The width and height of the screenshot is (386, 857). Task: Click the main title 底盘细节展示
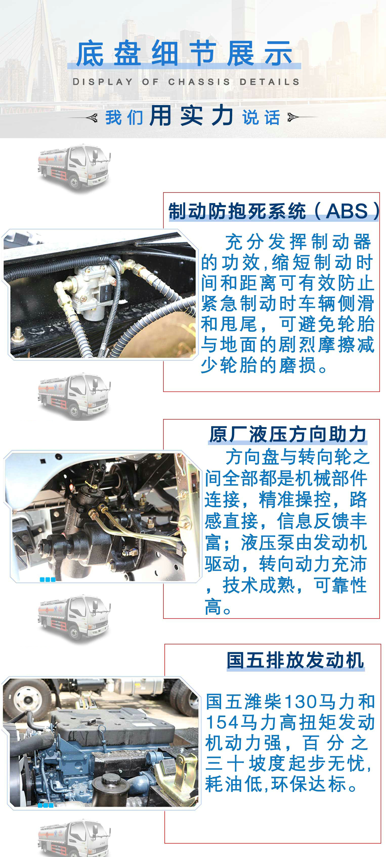(184, 53)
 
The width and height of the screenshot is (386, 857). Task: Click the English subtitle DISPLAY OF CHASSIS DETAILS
(186, 82)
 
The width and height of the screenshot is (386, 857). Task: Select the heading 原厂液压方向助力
(288, 434)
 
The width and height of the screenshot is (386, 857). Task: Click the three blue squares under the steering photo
(47, 579)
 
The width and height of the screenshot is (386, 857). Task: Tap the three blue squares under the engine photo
(46, 805)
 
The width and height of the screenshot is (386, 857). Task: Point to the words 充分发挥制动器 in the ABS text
(298, 242)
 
